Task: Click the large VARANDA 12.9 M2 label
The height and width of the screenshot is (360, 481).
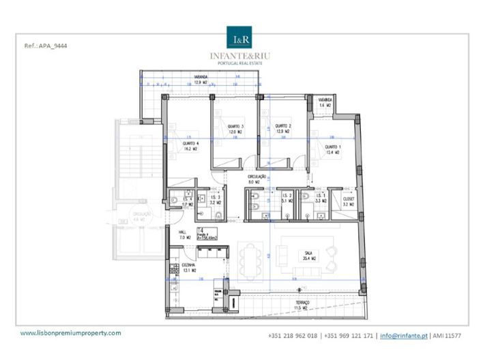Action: tap(201, 80)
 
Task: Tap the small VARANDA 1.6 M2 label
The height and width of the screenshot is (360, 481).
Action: tap(324, 104)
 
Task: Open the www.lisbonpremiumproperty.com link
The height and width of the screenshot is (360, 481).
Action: tap(71, 333)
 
